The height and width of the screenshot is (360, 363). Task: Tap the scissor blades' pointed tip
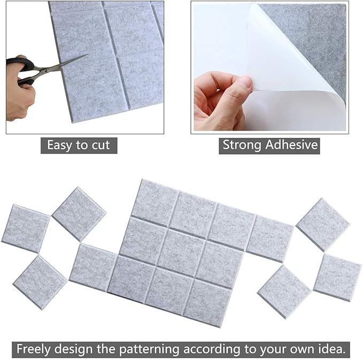coord(87,56)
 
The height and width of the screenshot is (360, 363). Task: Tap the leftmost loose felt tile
coord(25,228)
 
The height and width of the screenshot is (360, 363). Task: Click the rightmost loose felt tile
coord(337,277)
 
